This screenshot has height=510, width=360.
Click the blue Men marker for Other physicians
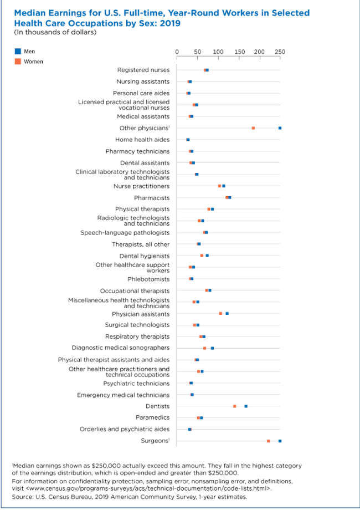coord(280,128)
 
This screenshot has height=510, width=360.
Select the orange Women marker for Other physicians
coord(253,128)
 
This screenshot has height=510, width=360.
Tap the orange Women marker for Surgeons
coord(269,441)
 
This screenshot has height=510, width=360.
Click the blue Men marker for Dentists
coord(246,406)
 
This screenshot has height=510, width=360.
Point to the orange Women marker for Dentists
coord(235,406)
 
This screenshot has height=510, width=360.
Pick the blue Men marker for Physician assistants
coord(227,313)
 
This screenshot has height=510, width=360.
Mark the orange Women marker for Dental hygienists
coord(202,256)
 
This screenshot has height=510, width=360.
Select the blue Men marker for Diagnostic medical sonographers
coord(212,348)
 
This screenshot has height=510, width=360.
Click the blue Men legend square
coord(17,51)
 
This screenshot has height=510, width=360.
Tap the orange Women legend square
coord(17,62)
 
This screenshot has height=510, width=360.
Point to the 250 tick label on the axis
coord(280,52)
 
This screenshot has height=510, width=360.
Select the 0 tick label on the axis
coord(177,52)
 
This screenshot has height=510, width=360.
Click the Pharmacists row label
coord(152,198)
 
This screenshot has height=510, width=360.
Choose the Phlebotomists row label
coord(148,279)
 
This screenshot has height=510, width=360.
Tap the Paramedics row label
coord(153,417)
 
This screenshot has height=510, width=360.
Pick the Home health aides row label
coord(142,140)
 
